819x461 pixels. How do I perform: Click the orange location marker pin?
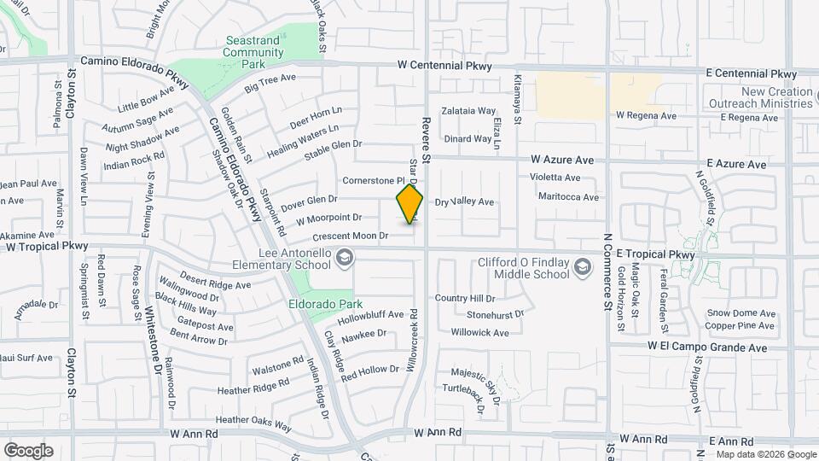point(409,204)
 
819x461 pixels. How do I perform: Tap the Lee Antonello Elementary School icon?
point(345,258)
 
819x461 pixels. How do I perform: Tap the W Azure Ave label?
point(561,160)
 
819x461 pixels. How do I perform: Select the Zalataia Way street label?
point(468,111)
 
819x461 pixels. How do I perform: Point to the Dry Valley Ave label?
point(464,202)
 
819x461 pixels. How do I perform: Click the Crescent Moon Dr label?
point(351,235)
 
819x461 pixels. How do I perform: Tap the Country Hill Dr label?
point(464,298)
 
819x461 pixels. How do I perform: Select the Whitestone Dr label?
point(154,341)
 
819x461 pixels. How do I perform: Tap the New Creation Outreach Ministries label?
point(776,97)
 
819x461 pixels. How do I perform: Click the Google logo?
point(28,450)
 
